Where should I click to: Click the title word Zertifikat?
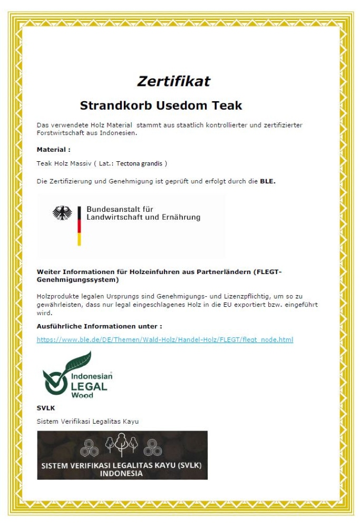pyautogui.click(x=173, y=81)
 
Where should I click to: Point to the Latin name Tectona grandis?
pyautogui.click(x=140, y=163)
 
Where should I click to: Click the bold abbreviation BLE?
pyautogui.click(x=268, y=181)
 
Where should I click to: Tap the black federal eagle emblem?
pyautogui.click(x=62, y=213)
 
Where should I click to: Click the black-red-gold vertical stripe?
pyautogui.click(x=79, y=226)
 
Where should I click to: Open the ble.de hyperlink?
pyautogui.click(x=164, y=339)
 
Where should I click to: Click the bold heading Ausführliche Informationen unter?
pyautogui.click(x=99, y=326)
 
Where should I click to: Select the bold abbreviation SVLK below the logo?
pyautogui.click(x=46, y=408)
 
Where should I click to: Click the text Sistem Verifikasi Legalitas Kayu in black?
pyautogui.click(x=87, y=421)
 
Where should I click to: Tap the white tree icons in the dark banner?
pyautogui.click(x=122, y=446)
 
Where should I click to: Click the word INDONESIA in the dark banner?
pyautogui.click(x=122, y=473)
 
